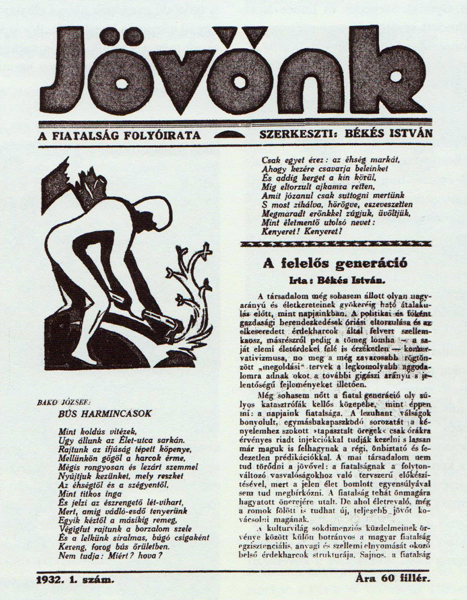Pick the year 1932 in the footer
click(x=50, y=580)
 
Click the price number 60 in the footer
click(x=385, y=579)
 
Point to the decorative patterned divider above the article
click(x=335, y=244)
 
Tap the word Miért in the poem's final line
click(x=120, y=556)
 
